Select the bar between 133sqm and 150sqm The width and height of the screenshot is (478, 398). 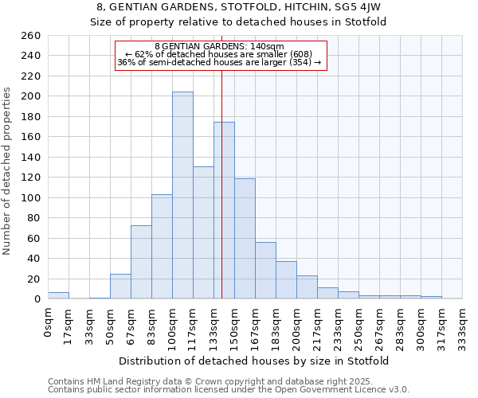[224, 211]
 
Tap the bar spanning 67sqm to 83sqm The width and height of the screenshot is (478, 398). [141, 262]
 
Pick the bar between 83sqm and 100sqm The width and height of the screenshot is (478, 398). [162, 247]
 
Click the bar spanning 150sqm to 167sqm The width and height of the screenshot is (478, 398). [245, 239]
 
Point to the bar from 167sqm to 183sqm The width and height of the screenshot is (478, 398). [265, 271]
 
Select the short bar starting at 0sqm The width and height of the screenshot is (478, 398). [58, 295]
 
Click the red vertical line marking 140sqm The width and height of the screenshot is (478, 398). [221, 183]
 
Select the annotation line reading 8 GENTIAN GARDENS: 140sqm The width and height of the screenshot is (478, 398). [219, 46]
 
